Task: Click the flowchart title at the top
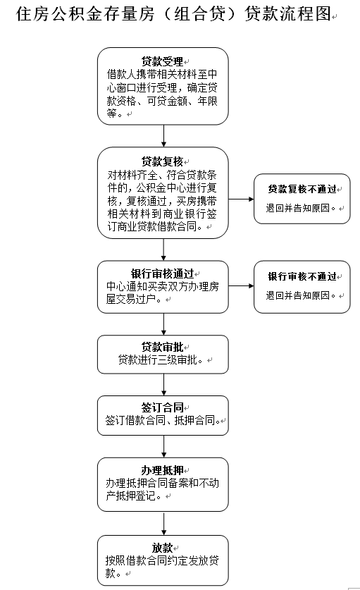pos(173,14)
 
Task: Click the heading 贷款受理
pos(162,61)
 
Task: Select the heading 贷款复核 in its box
pos(162,161)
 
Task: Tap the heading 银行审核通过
pos(162,274)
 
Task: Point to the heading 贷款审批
pos(162,347)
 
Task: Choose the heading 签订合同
pos(162,407)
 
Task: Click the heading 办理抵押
pos(162,470)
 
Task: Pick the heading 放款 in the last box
pos(162,548)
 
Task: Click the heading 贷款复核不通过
pos(302,189)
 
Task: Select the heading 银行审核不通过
pos(302,276)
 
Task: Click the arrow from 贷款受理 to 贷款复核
pos(163,136)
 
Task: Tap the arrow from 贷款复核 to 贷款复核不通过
pos(241,199)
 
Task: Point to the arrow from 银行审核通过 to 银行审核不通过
pos(241,286)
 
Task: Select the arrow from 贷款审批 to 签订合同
pos(163,385)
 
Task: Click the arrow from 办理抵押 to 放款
pos(163,524)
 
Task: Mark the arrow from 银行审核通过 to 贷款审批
pos(163,324)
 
